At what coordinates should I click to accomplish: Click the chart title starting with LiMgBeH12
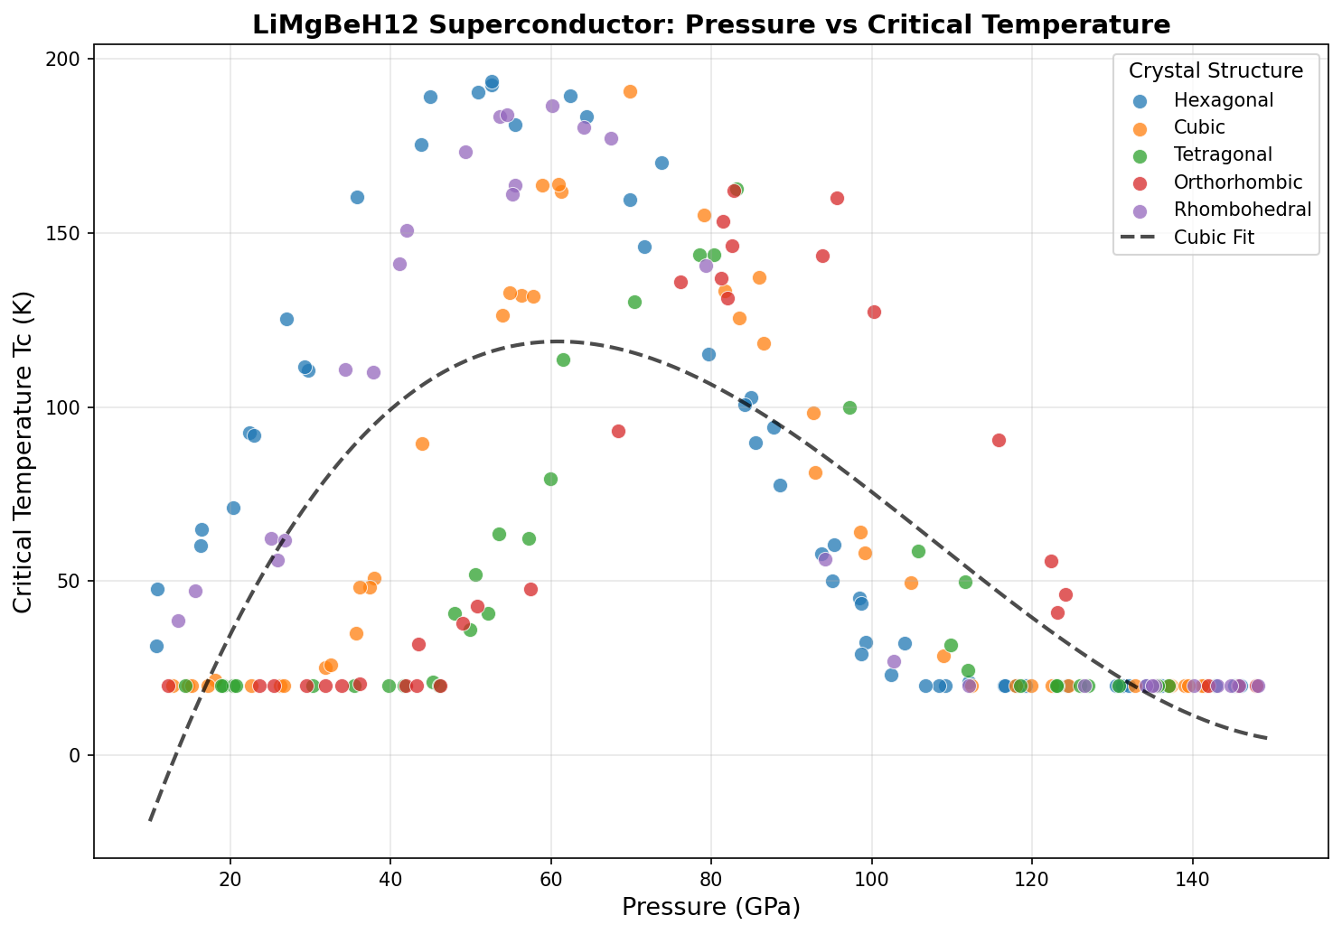pos(711,24)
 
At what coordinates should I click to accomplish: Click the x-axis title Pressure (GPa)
pos(711,906)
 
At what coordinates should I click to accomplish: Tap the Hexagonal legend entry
pos(1223,100)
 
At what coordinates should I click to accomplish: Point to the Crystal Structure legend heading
pos(1215,70)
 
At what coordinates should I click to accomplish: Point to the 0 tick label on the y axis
pos(76,755)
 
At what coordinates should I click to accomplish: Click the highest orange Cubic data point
pos(630,91)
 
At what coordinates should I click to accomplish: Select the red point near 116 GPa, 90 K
pos(999,440)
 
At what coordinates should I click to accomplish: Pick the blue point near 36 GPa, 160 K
pos(357,197)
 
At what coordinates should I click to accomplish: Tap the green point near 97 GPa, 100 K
pos(849,407)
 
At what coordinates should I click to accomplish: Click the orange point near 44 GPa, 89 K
pos(422,444)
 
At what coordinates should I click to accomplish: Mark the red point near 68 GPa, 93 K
pos(618,431)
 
